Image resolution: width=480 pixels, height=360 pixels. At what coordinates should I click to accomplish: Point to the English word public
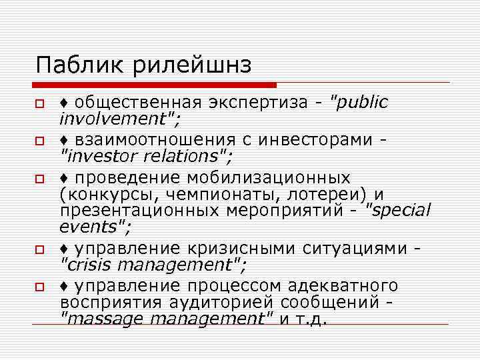363,103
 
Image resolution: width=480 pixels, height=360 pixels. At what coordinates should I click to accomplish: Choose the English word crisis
86,264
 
